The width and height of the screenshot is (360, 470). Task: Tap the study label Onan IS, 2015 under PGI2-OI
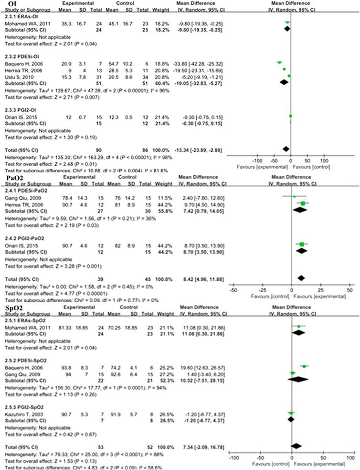pyautogui.click(x=17, y=116)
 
